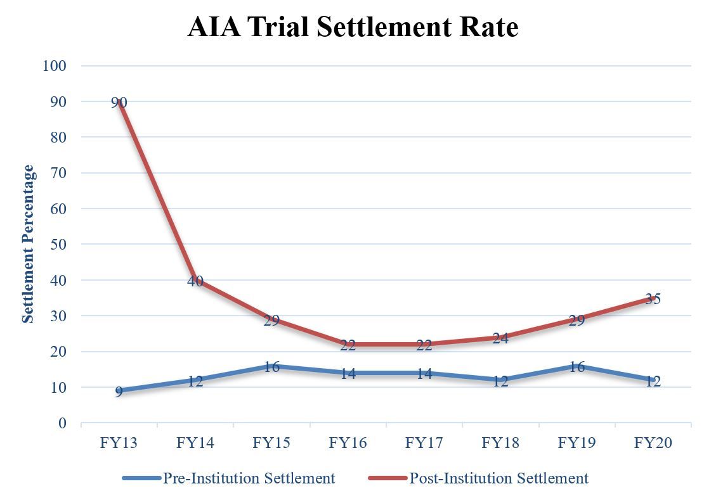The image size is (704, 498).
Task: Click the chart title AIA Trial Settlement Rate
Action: click(x=353, y=27)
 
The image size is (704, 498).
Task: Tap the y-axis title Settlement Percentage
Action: click(x=29, y=244)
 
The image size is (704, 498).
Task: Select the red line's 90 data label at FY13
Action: click(x=119, y=102)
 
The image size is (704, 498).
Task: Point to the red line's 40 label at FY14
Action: click(x=195, y=281)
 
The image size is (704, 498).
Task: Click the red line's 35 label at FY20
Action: click(x=653, y=298)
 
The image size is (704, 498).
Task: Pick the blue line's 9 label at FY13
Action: click(x=119, y=392)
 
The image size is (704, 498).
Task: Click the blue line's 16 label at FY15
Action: click(x=271, y=366)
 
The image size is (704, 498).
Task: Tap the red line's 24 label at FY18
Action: click(x=500, y=338)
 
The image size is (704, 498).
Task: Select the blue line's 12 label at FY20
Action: click(x=653, y=381)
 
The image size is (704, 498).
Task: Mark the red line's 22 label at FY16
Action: click(x=348, y=345)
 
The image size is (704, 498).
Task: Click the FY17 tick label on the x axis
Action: click(x=424, y=442)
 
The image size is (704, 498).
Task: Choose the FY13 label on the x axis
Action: click(x=119, y=442)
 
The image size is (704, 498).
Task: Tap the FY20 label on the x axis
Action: click(x=653, y=442)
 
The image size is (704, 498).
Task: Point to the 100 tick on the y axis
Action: click(x=55, y=65)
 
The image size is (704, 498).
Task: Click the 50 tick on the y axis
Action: click(x=59, y=244)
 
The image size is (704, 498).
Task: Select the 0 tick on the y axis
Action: click(x=63, y=423)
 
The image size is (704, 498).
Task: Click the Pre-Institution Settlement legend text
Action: click(x=249, y=478)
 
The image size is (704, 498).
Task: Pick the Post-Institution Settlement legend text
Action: click(x=499, y=478)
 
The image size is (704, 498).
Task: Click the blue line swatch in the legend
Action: click(x=141, y=478)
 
